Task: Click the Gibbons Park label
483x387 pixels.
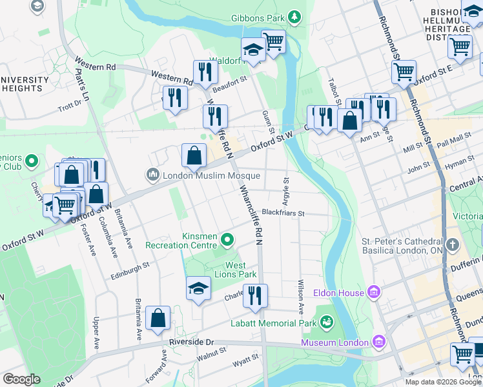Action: pos(258,17)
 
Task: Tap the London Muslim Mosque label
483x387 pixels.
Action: pos(211,175)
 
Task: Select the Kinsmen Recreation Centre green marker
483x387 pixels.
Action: pos(227,241)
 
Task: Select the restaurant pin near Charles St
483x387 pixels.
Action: pos(255,295)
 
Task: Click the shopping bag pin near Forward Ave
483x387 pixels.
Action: pos(158,318)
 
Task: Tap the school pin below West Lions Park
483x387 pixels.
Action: pos(198,288)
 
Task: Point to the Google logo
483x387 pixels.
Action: pos(21,379)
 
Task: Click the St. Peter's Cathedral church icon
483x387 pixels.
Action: pos(451,245)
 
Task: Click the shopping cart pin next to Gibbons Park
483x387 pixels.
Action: pos(273,42)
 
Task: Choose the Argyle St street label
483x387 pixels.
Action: pos(285,189)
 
